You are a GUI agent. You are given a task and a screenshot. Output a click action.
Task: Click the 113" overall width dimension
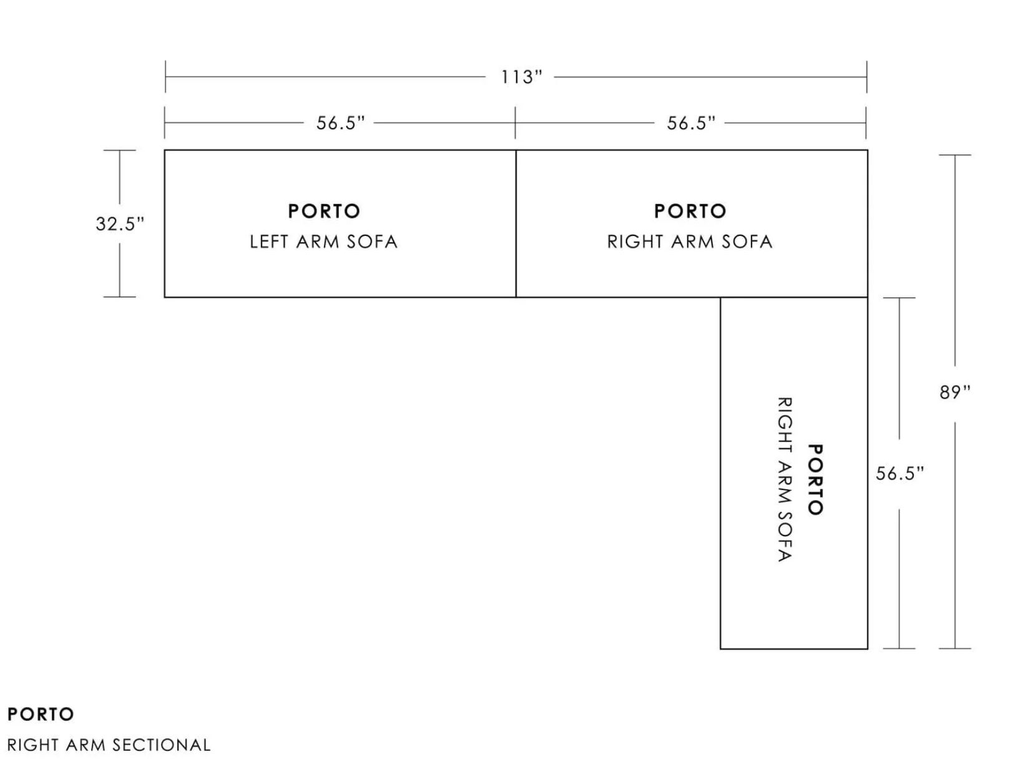[x=522, y=77]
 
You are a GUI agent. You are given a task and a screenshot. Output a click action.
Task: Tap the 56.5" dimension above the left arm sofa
[x=341, y=123]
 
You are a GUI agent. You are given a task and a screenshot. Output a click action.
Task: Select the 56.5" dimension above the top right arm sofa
[x=691, y=123]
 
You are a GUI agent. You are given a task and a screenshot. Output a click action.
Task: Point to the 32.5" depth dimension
[x=120, y=223]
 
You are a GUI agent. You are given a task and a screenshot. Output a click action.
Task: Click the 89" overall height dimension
[x=955, y=392]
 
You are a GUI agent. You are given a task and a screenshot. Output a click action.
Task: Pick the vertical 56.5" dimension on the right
[x=899, y=473]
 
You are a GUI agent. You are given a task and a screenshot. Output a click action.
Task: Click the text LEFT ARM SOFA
[x=324, y=242]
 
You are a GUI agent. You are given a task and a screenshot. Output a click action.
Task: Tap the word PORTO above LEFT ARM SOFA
[x=324, y=211]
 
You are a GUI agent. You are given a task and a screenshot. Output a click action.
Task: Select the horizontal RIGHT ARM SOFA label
[x=690, y=242]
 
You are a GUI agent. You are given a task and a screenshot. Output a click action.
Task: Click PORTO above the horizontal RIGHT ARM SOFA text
[x=690, y=211]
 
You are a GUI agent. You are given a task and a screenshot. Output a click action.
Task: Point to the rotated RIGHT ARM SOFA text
[x=785, y=479]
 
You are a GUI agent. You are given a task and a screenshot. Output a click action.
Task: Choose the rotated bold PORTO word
[x=816, y=479]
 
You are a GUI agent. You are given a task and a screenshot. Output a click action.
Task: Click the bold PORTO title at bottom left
[x=41, y=714]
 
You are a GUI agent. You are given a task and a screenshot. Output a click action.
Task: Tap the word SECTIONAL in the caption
[x=162, y=745]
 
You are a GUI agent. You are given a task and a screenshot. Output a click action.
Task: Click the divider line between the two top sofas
[x=516, y=223]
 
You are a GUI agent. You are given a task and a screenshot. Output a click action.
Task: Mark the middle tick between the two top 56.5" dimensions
[x=515, y=123]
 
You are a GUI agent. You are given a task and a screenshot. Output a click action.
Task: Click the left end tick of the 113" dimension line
[x=165, y=77]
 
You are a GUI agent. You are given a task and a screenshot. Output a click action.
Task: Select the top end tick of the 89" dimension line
[x=955, y=155]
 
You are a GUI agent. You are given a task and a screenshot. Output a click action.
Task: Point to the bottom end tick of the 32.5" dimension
[x=120, y=296]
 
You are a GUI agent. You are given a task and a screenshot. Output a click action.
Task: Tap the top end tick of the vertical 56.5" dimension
[x=899, y=298]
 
